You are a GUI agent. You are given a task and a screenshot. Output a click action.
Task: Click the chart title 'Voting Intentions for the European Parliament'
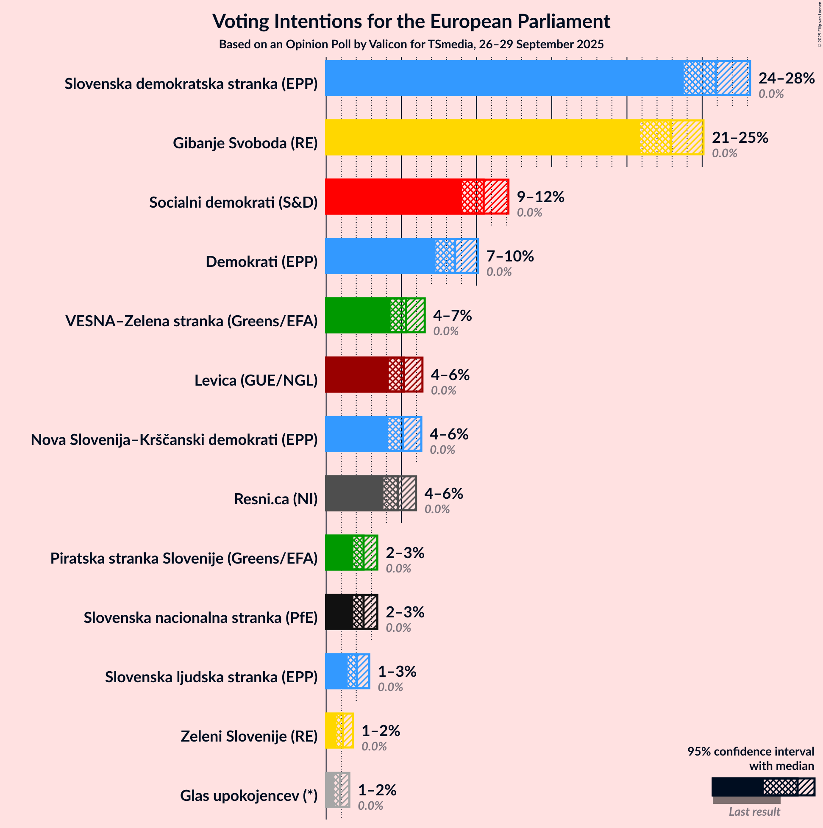click(x=411, y=22)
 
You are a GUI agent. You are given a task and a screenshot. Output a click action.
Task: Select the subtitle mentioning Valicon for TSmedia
click(x=411, y=44)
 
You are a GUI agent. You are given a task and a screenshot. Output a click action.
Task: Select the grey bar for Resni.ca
click(x=354, y=493)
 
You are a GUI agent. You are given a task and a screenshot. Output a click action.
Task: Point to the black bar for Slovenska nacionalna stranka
click(x=339, y=612)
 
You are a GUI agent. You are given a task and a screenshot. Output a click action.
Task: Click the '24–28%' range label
click(x=786, y=78)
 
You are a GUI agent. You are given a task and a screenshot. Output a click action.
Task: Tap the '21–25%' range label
click(x=740, y=137)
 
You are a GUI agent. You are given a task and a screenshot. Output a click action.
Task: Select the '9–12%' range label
click(x=540, y=197)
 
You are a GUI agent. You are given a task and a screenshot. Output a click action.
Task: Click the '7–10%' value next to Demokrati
click(x=510, y=256)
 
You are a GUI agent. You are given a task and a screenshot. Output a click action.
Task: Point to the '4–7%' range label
click(x=452, y=315)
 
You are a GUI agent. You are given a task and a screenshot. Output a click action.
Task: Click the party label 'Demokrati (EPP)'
click(x=261, y=261)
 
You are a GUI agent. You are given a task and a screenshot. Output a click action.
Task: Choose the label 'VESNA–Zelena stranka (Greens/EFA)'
click(x=191, y=321)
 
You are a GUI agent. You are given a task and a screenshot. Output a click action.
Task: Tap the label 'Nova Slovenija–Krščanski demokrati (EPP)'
click(x=174, y=440)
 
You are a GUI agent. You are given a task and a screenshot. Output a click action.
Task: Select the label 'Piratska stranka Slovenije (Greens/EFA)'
click(x=184, y=558)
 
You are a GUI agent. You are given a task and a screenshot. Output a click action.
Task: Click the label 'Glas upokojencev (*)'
click(x=249, y=796)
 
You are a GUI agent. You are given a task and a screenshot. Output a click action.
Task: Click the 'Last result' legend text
click(x=754, y=812)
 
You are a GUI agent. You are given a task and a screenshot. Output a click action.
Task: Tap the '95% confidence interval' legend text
click(x=750, y=752)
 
